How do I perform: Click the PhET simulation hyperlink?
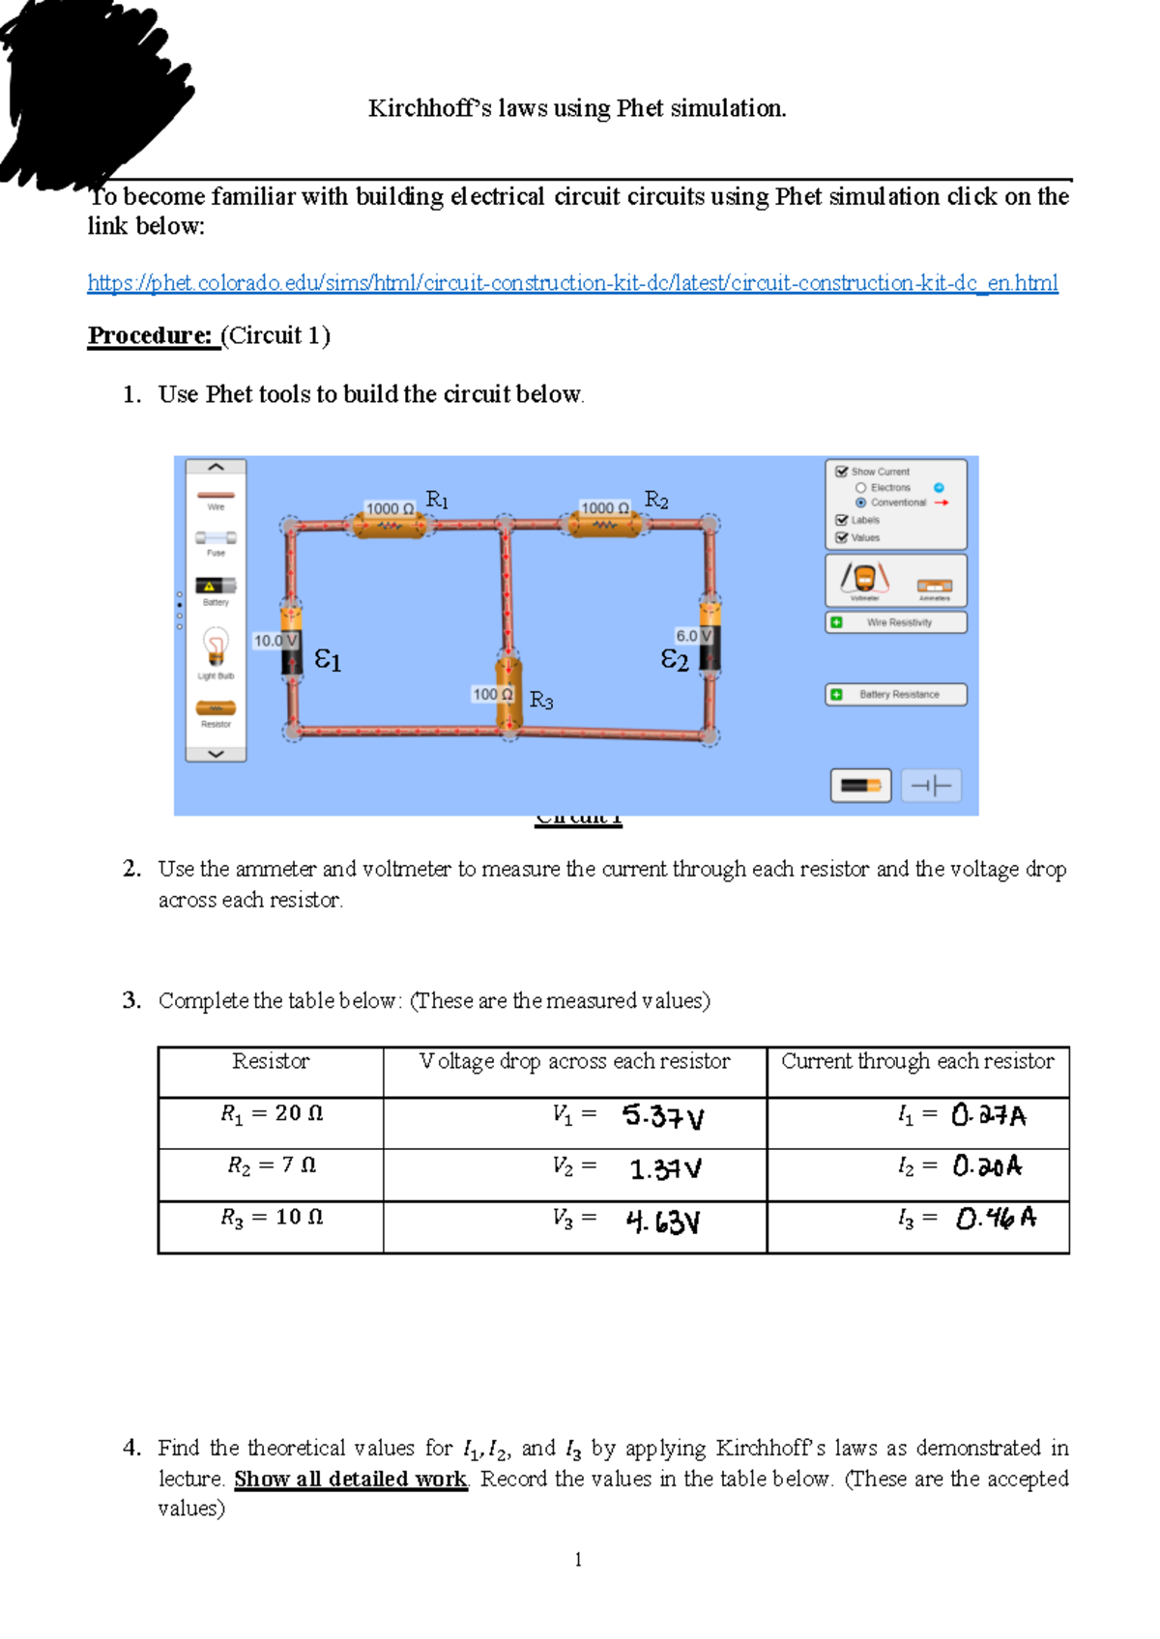coord(572,283)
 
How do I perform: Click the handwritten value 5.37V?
coord(663,1117)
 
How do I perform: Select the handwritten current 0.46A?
coord(996,1219)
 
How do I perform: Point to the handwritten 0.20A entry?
coord(987,1166)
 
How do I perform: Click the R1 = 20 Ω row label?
coord(272,1114)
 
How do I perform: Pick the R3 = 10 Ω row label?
coord(272,1218)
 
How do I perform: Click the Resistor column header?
coord(271,1062)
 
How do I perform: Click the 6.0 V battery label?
coord(693,636)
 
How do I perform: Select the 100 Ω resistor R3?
coord(508,693)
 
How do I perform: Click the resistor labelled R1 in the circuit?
coord(389,525)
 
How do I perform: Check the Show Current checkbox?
coord(842,472)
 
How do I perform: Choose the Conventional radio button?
coord(860,503)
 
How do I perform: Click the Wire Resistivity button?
coord(896,622)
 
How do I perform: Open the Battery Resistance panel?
coord(896,695)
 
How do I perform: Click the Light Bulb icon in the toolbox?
coord(216,647)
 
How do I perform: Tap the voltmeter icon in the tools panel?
coord(863,579)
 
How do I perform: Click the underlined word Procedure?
coord(150,335)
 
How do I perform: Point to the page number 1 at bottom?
coord(578,1559)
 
